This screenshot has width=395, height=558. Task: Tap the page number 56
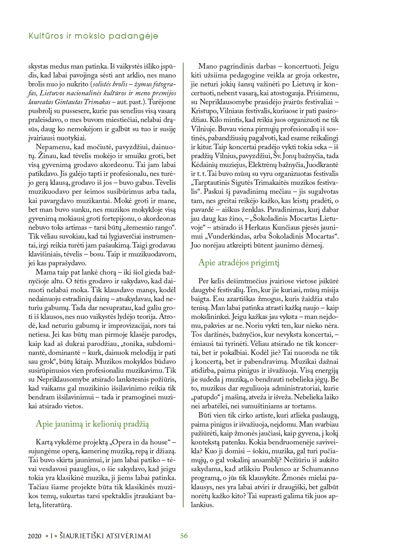184,536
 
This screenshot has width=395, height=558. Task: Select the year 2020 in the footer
35,536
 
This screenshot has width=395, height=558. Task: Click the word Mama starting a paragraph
45,273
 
